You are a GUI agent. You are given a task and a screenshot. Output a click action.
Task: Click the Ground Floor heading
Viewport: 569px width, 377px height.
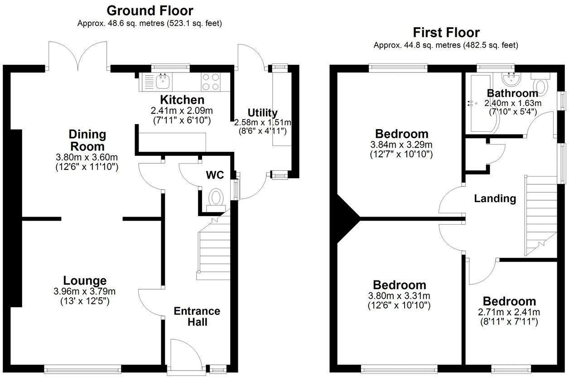[x=149, y=10]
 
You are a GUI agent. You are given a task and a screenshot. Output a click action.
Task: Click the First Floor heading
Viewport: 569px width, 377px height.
[x=446, y=33]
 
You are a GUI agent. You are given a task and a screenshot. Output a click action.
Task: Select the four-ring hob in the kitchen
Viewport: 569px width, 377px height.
[x=211, y=82]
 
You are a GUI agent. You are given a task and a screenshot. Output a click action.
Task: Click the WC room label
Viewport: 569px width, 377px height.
[x=215, y=175]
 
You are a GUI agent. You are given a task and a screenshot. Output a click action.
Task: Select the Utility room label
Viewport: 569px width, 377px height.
[x=263, y=113]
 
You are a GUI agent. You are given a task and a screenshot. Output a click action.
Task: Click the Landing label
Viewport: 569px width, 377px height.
[x=495, y=198]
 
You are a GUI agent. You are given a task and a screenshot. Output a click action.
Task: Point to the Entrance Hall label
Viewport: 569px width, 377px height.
[x=197, y=316]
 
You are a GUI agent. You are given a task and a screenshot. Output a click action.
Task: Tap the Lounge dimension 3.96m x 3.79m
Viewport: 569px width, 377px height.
[x=85, y=291]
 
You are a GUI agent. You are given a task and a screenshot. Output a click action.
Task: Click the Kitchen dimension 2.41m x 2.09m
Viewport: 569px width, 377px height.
[x=182, y=111]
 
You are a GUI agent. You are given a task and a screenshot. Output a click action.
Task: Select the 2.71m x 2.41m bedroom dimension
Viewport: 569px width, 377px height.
[x=509, y=312]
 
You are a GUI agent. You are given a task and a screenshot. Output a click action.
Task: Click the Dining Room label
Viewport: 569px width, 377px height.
[x=87, y=140]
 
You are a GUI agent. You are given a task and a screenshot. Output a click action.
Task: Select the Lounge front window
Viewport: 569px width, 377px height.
[x=83, y=369]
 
